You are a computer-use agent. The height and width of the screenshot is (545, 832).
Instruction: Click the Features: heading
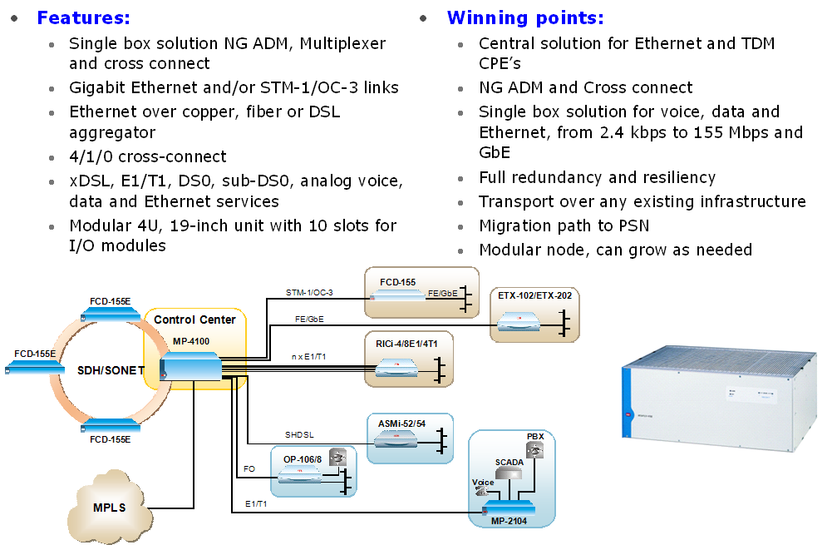coord(83,17)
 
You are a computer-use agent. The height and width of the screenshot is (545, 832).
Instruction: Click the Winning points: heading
coord(525,17)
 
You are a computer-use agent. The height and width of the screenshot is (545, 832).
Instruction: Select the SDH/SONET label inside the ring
coord(111,370)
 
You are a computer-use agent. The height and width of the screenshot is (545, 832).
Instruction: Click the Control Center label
coord(194,320)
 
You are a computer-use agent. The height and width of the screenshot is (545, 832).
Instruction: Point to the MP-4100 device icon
coord(190,366)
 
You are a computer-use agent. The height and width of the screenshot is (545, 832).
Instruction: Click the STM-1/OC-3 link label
coord(309,292)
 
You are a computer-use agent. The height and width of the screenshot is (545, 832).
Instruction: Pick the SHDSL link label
coord(299,434)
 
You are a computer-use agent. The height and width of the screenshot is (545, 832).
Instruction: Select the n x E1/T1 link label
coord(308,356)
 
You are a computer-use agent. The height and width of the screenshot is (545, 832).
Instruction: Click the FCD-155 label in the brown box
coord(397,282)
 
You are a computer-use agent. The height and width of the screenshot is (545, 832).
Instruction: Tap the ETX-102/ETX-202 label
coord(534,295)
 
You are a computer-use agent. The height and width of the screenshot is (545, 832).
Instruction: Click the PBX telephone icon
coord(536,451)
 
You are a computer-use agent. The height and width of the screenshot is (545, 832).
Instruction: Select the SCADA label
coord(510,461)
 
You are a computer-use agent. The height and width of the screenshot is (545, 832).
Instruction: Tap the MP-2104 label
coord(510,521)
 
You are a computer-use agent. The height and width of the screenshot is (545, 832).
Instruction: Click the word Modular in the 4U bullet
coord(98,225)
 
